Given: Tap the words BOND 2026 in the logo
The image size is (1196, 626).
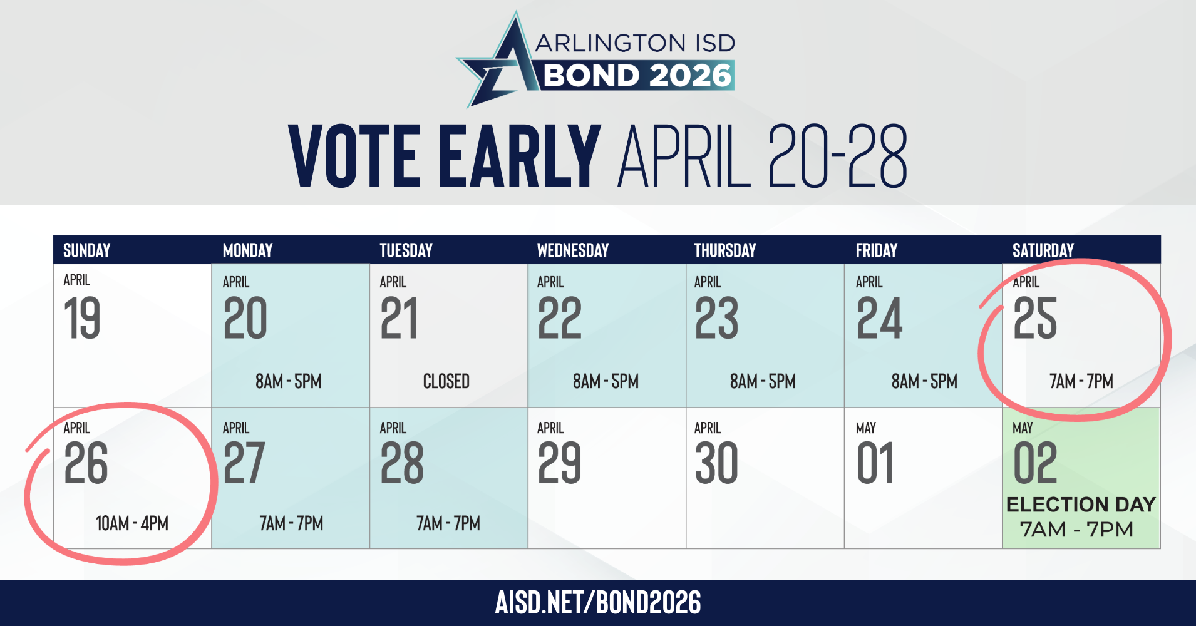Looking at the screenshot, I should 637,76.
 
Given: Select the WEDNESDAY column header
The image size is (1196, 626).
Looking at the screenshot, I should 573,250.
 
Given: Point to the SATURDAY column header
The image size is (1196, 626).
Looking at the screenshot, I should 1043,250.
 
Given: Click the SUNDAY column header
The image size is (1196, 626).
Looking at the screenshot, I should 86,250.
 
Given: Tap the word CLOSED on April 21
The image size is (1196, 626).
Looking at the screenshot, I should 446,381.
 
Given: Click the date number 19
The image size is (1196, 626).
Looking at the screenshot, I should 82,319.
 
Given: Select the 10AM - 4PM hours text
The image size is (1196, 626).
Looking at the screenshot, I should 132,523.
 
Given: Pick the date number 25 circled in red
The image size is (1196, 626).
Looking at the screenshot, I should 1035,319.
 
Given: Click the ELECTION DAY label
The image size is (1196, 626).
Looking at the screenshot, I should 1081,505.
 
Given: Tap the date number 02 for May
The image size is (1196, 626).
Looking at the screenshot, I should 1035,464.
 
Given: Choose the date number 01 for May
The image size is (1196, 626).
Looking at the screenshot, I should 875,464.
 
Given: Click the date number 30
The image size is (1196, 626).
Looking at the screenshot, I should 716,464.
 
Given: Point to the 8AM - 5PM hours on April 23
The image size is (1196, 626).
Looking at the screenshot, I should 763,381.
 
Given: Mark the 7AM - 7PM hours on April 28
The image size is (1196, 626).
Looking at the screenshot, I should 448,523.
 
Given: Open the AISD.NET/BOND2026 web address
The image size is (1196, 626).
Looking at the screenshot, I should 598,602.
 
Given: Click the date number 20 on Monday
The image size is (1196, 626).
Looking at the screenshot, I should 245,319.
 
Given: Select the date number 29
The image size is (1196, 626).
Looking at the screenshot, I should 560,464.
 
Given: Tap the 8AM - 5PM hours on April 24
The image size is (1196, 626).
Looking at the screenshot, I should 924,381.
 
